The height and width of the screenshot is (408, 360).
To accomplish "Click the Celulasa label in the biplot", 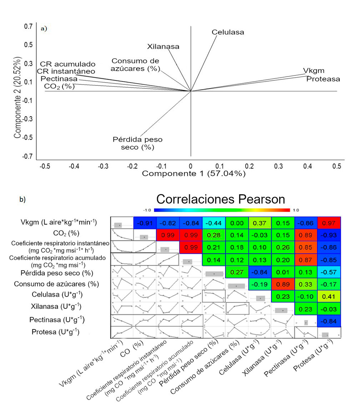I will tap(228, 32).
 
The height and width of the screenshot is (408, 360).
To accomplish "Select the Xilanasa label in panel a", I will tap(163, 46).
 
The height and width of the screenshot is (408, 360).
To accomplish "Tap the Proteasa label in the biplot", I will tap(323, 79).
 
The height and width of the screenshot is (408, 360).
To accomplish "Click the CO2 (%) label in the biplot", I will tap(59, 86).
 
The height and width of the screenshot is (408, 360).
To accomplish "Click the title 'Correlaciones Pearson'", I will tap(220, 199).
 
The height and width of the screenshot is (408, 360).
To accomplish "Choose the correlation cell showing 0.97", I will tap(329, 223).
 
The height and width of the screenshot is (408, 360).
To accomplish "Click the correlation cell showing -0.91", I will tap(145, 223).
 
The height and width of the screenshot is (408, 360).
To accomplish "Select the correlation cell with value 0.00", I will tap(237, 223).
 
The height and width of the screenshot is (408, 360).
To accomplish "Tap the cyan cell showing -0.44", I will tap(214, 223).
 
